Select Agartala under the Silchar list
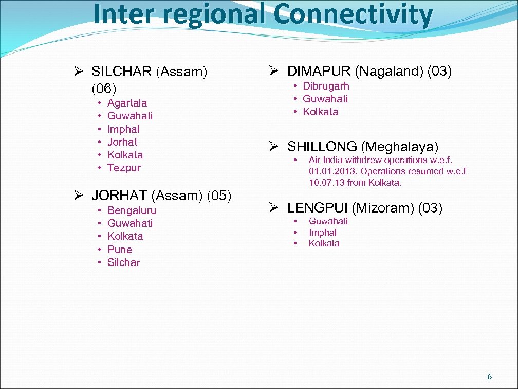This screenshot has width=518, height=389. click(x=127, y=103)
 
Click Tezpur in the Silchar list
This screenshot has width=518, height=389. click(x=124, y=168)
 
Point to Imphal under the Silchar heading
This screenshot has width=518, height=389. click(x=123, y=129)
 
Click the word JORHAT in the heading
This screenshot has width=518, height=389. click(x=119, y=196)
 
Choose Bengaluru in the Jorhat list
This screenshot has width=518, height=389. click(x=132, y=210)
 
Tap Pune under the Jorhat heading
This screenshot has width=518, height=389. click(x=120, y=250)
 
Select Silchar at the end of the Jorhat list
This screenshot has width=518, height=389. click(x=123, y=262)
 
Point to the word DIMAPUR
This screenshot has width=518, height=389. click(x=319, y=72)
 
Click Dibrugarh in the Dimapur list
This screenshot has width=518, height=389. click(x=326, y=86)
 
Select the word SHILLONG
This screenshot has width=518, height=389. click(x=322, y=146)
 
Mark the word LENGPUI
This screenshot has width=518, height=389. click(x=317, y=208)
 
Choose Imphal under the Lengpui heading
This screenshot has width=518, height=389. click(x=323, y=233)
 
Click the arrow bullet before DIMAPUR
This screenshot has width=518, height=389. click(x=274, y=72)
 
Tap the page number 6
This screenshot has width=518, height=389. click(x=489, y=377)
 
